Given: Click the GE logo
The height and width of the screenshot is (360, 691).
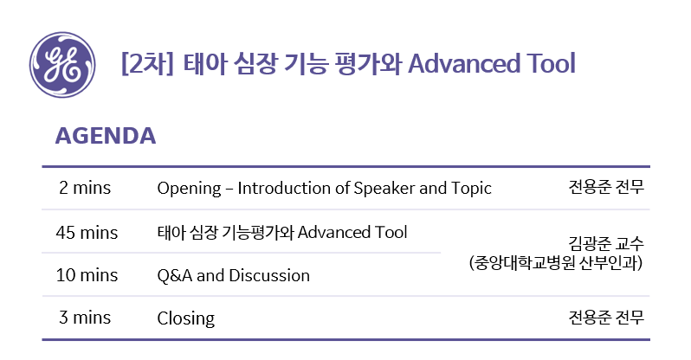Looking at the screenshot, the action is point(62,64).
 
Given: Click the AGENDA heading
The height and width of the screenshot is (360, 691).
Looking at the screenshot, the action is point(106,136).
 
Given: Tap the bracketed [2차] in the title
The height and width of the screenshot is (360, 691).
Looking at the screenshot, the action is point(147,64).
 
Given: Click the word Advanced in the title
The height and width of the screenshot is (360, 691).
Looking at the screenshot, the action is point(463,63).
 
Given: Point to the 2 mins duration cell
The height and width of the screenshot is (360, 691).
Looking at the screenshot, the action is point(85,188).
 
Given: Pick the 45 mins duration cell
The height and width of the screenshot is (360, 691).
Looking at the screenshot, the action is point(87,233).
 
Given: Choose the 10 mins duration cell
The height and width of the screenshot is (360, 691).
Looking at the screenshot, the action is point(87,275).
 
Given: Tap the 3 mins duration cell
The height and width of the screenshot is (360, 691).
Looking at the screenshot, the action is point(85,318).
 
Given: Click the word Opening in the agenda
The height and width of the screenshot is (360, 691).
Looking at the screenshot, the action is point(189,189).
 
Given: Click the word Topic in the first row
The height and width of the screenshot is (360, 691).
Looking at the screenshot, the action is point(471,189).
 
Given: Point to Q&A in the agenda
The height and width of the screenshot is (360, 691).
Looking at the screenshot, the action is point(175,276).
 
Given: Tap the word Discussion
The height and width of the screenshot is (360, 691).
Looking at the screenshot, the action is point(269,276).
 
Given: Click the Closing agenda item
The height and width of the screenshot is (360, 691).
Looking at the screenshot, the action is point(186,318).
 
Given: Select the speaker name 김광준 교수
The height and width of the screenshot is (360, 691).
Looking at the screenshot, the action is point(606,243).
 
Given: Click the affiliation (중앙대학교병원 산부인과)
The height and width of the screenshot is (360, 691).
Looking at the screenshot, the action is point(556,263).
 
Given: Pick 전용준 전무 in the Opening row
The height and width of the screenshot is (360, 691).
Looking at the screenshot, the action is point(606,187).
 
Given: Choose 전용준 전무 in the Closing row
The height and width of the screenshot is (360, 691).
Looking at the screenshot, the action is point(606,317).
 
